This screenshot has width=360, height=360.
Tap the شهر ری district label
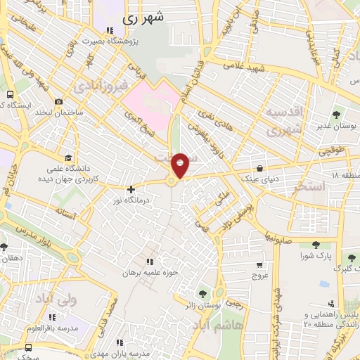pyautogui.click(x=146, y=19)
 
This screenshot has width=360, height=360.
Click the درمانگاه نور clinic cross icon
pyautogui.click(x=131, y=189)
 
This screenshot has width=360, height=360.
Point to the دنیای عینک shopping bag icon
pyautogui.click(x=261, y=168)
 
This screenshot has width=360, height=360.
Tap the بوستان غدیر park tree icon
pyautogui.click(x=335, y=114)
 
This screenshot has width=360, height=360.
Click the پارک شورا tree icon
pyautogui.click(x=316, y=245)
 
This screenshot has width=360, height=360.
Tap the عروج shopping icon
pyautogui.click(x=261, y=265)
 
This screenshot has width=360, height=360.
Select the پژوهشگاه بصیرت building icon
pyautogui.click(x=109, y=30)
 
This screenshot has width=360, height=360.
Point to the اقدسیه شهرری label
pyautogui.click(x=284, y=121)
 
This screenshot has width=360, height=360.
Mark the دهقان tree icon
pyautogui.click(x=5, y=247)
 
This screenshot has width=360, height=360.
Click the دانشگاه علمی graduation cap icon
pyautogui.click(x=67, y=157)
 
